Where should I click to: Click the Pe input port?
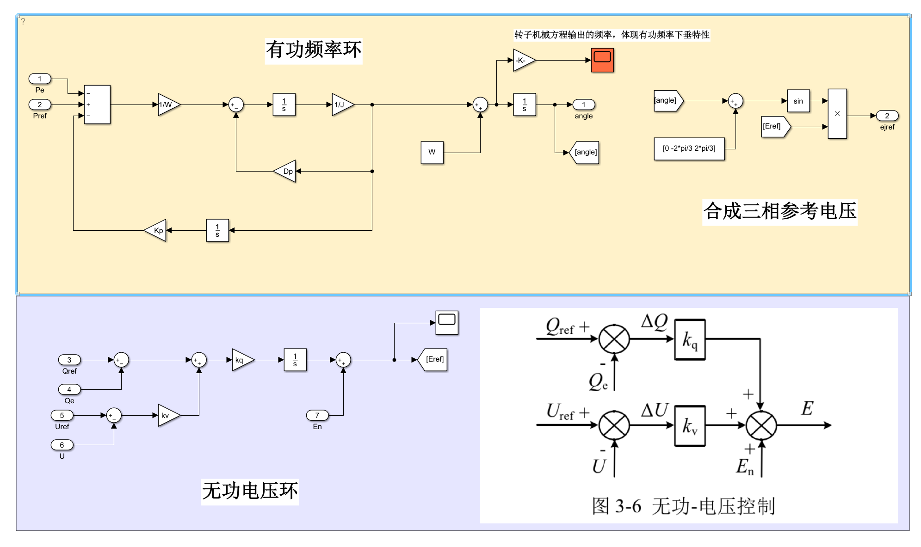click(x=40, y=79)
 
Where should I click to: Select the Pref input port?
click(x=40, y=105)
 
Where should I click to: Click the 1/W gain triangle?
click(x=167, y=105)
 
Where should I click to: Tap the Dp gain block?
click(x=286, y=172)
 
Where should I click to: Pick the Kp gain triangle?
click(x=156, y=231)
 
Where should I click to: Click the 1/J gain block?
click(x=341, y=105)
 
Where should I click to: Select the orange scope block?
click(x=602, y=60)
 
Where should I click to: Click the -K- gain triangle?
click(x=523, y=61)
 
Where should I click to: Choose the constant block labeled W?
click(x=432, y=152)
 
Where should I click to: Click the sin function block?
click(x=798, y=101)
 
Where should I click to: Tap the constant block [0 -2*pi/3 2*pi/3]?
click(x=689, y=148)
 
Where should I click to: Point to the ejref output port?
click(x=887, y=116)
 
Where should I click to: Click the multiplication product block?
click(x=837, y=114)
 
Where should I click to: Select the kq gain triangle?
click(x=241, y=360)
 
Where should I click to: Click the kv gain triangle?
click(x=167, y=416)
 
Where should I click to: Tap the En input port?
click(x=317, y=416)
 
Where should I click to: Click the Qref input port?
click(x=69, y=360)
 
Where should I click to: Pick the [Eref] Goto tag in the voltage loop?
click(x=433, y=360)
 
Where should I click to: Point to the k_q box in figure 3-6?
click(x=690, y=340)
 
